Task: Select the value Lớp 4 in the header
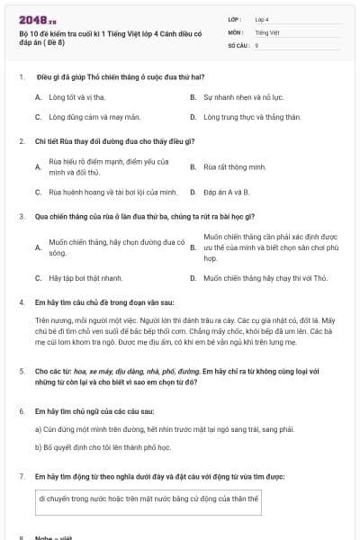pyautogui.click(x=262, y=18)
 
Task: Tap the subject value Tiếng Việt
pyautogui.click(x=267, y=31)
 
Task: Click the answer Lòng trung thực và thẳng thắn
pyautogui.click(x=239, y=117)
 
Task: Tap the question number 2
pyautogui.click(x=21, y=141)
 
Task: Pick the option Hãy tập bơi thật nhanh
pyautogui.click(x=86, y=279)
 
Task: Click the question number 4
pyautogui.click(x=21, y=303)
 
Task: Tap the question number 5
pyautogui.click(x=21, y=370)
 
